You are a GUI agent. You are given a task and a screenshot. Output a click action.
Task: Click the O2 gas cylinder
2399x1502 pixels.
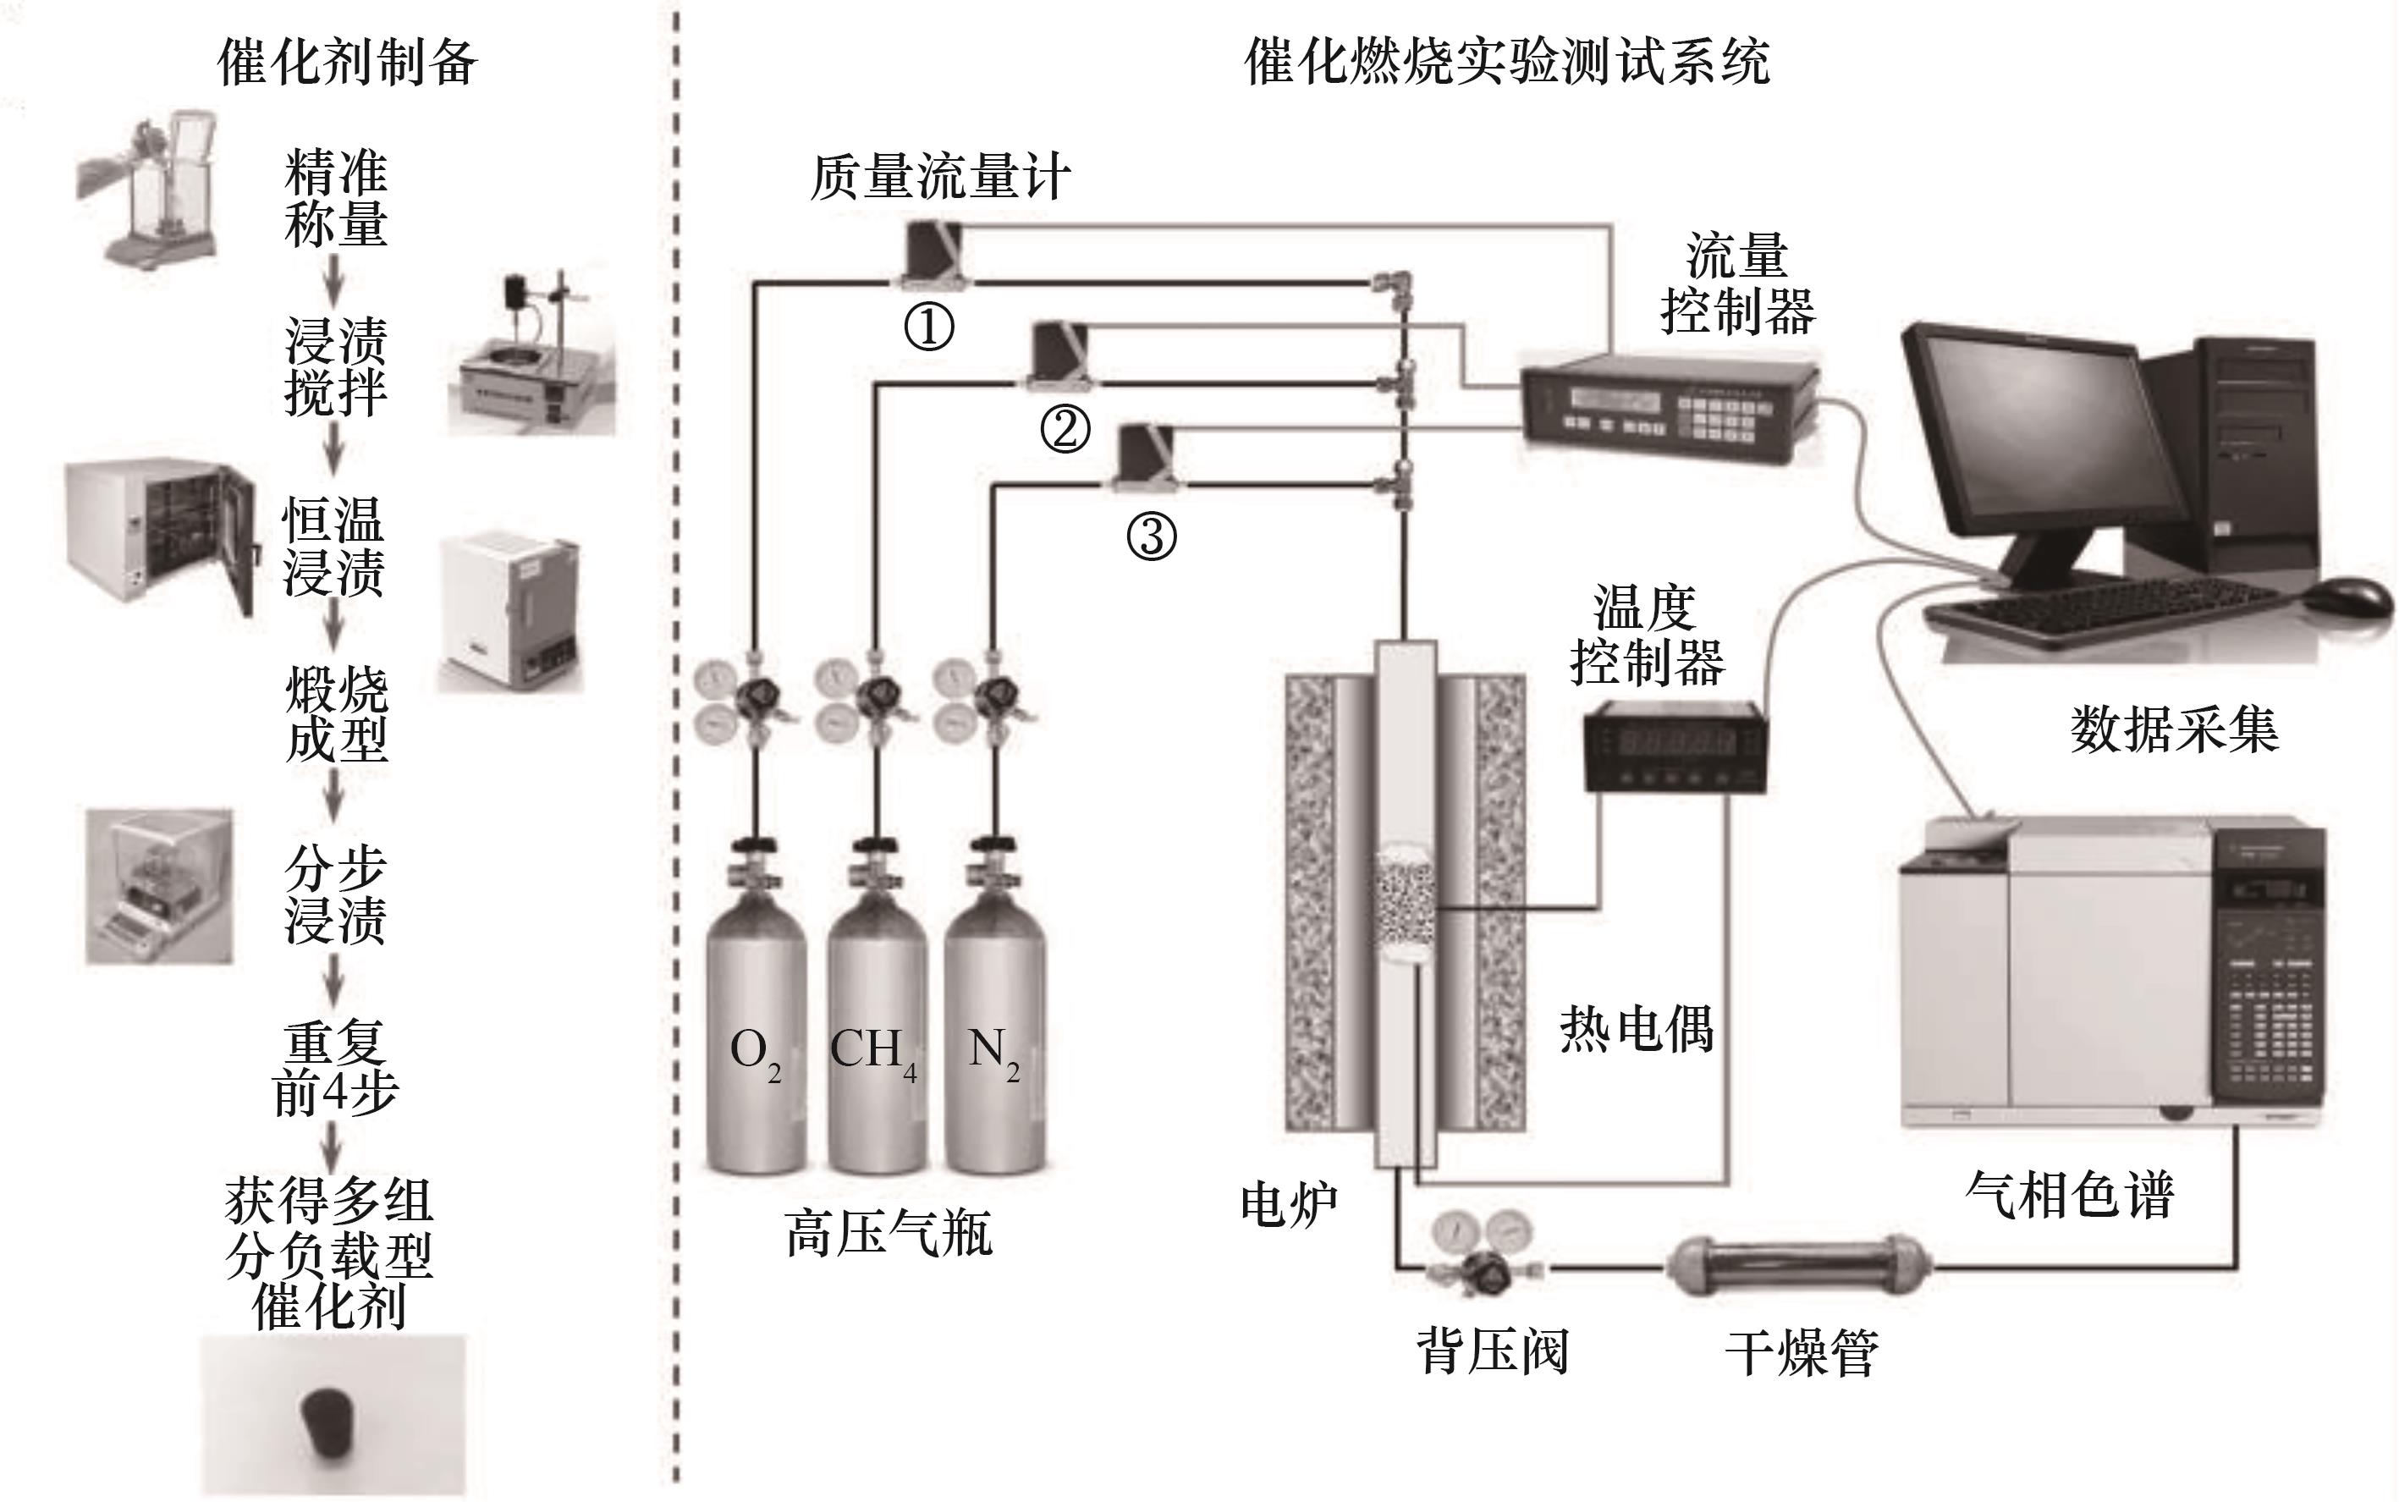755,1033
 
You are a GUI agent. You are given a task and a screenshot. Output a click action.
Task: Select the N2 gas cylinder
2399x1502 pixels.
993,1033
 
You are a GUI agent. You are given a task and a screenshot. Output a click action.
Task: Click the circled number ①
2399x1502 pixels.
929,327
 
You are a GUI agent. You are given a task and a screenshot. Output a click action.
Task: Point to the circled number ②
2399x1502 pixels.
1065,429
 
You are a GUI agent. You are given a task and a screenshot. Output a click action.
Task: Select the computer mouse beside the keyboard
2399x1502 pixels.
2347,596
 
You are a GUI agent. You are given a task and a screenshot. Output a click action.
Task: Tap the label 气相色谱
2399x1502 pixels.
2069,1194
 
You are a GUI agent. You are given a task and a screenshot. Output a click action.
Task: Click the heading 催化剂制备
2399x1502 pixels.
347,62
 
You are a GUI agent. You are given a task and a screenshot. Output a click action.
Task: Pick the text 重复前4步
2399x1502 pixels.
335,1069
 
